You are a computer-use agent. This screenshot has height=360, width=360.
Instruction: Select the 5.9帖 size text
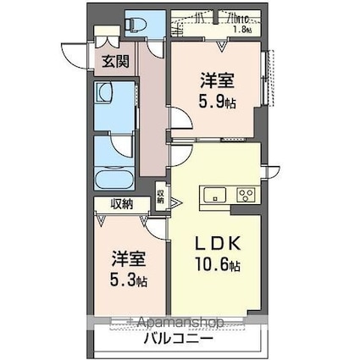(218, 100)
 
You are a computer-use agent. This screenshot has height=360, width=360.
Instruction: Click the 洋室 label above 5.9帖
(218, 82)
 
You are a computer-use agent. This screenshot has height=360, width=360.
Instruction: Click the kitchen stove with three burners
(246, 195)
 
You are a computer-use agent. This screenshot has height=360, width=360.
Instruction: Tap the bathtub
(112, 180)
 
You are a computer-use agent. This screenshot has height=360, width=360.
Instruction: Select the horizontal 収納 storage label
(120, 203)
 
